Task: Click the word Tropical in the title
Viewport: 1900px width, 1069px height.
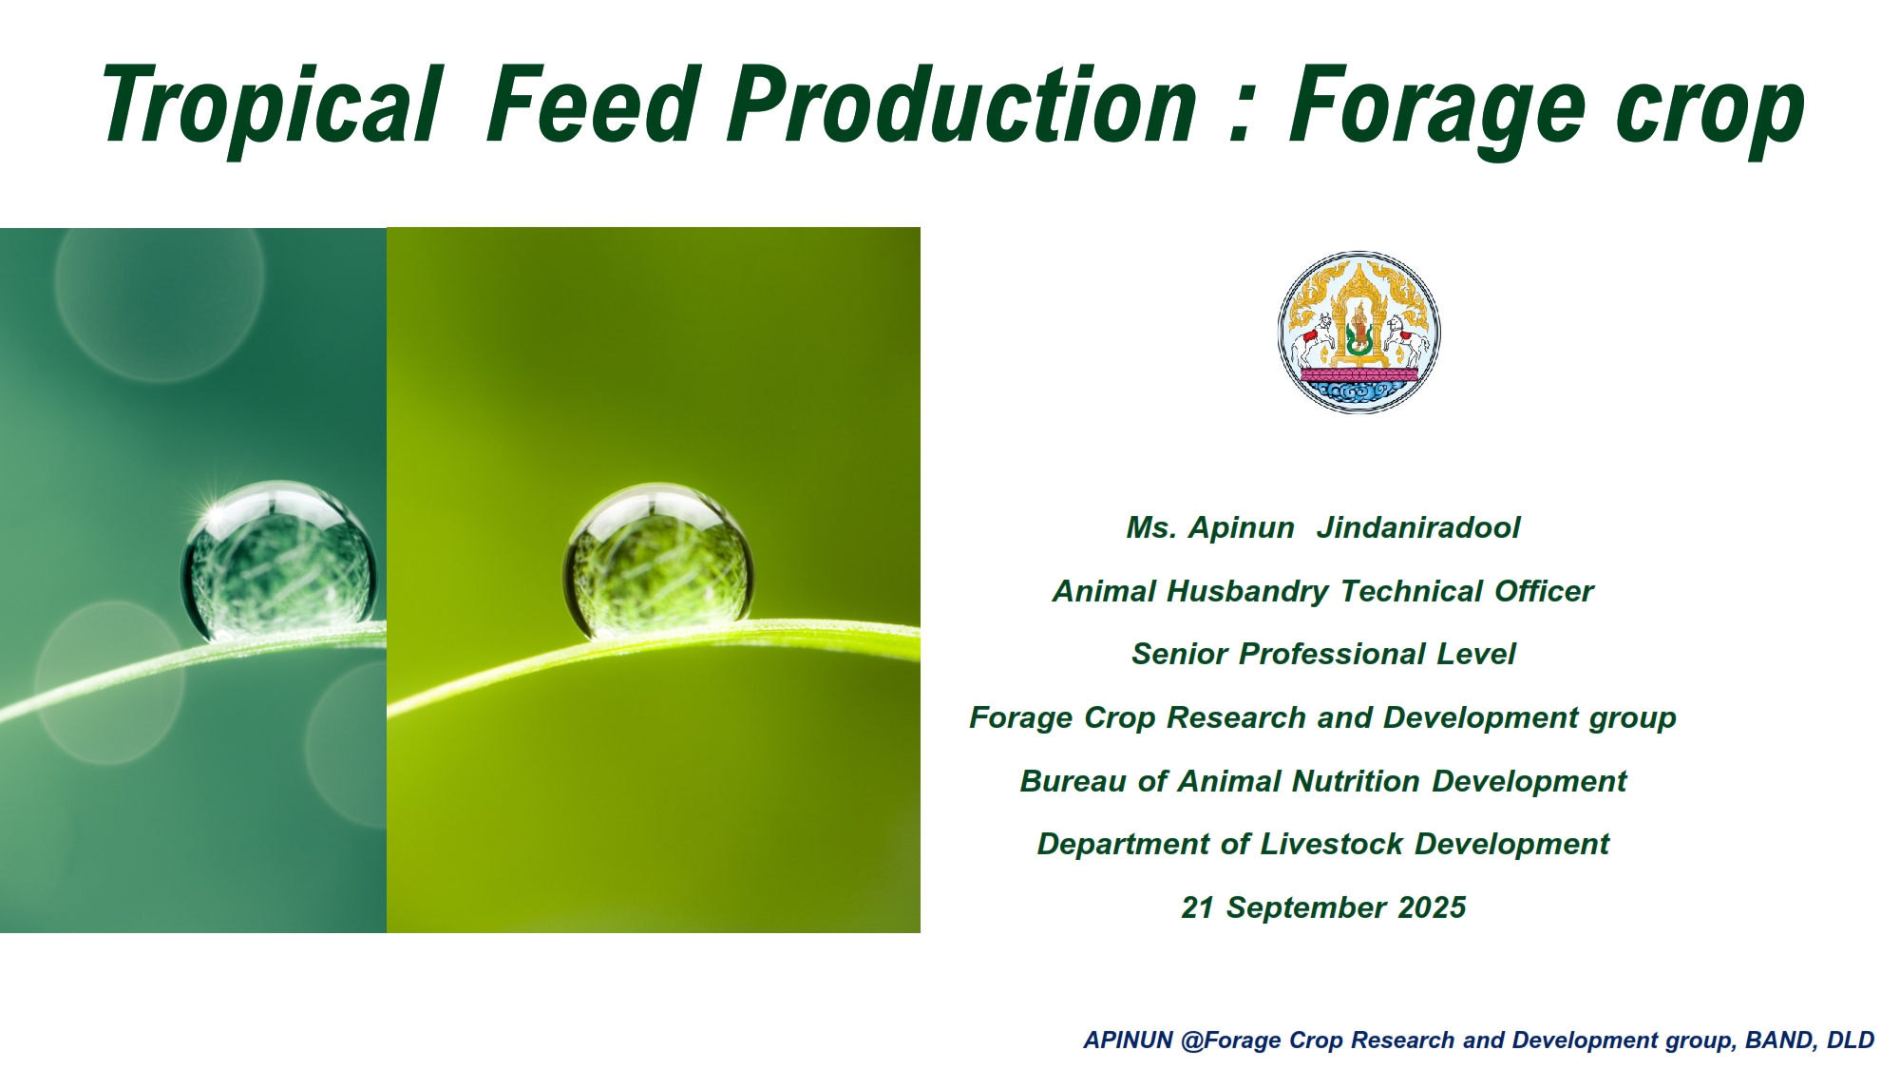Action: coord(273,106)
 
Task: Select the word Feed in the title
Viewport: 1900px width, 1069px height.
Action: coord(593,103)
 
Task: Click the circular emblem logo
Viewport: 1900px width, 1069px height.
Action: coord(1359,332)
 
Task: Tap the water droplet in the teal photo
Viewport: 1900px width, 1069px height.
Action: coord(278,561)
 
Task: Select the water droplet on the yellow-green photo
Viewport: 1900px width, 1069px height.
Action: coord(658,561)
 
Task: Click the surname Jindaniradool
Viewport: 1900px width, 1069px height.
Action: coord(1418,528)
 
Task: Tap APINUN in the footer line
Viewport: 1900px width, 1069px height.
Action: coord(1129,1040)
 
